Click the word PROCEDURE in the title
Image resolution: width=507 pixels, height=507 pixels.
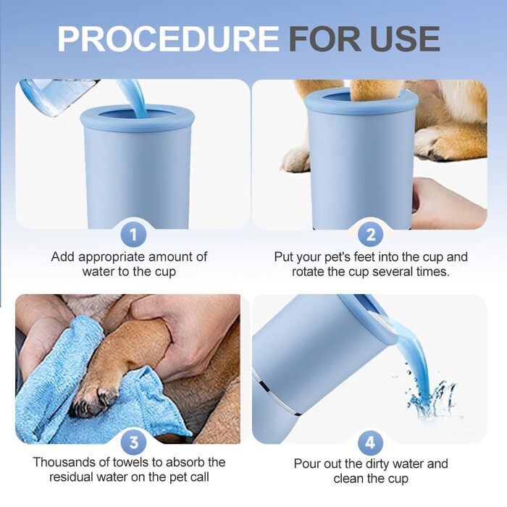[168, 38]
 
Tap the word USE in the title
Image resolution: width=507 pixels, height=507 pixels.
[405, 38]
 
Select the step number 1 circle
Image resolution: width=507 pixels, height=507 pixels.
[133, 235]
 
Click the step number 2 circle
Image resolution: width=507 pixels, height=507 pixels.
[371, 235]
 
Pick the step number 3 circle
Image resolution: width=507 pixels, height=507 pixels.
[133, 443]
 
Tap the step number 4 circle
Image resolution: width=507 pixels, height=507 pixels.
[371, 443]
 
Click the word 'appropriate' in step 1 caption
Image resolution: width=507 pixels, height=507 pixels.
[112, 258]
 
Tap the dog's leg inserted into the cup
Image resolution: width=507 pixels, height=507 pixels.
[377, 90]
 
